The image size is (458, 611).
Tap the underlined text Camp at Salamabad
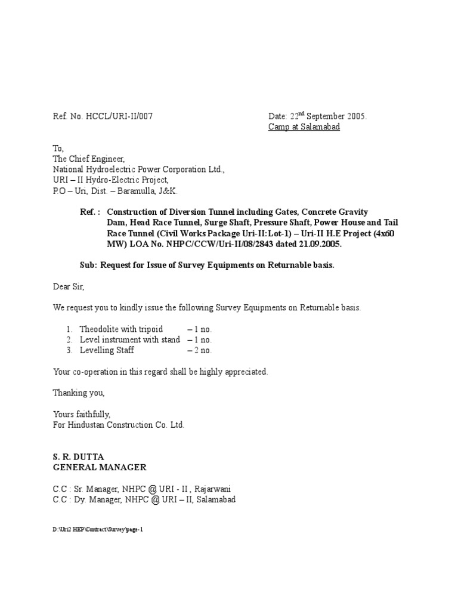pos(304,127)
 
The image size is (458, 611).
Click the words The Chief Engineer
pos(89,159)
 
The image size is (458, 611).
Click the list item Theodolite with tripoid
pos(121,329)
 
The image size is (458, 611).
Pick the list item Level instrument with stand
pos(129,340)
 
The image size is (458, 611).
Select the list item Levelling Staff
pos(107,350)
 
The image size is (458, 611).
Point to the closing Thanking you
pos(79,393)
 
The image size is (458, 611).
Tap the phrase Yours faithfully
pos(81,414)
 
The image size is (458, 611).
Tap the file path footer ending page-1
pos(98,529)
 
